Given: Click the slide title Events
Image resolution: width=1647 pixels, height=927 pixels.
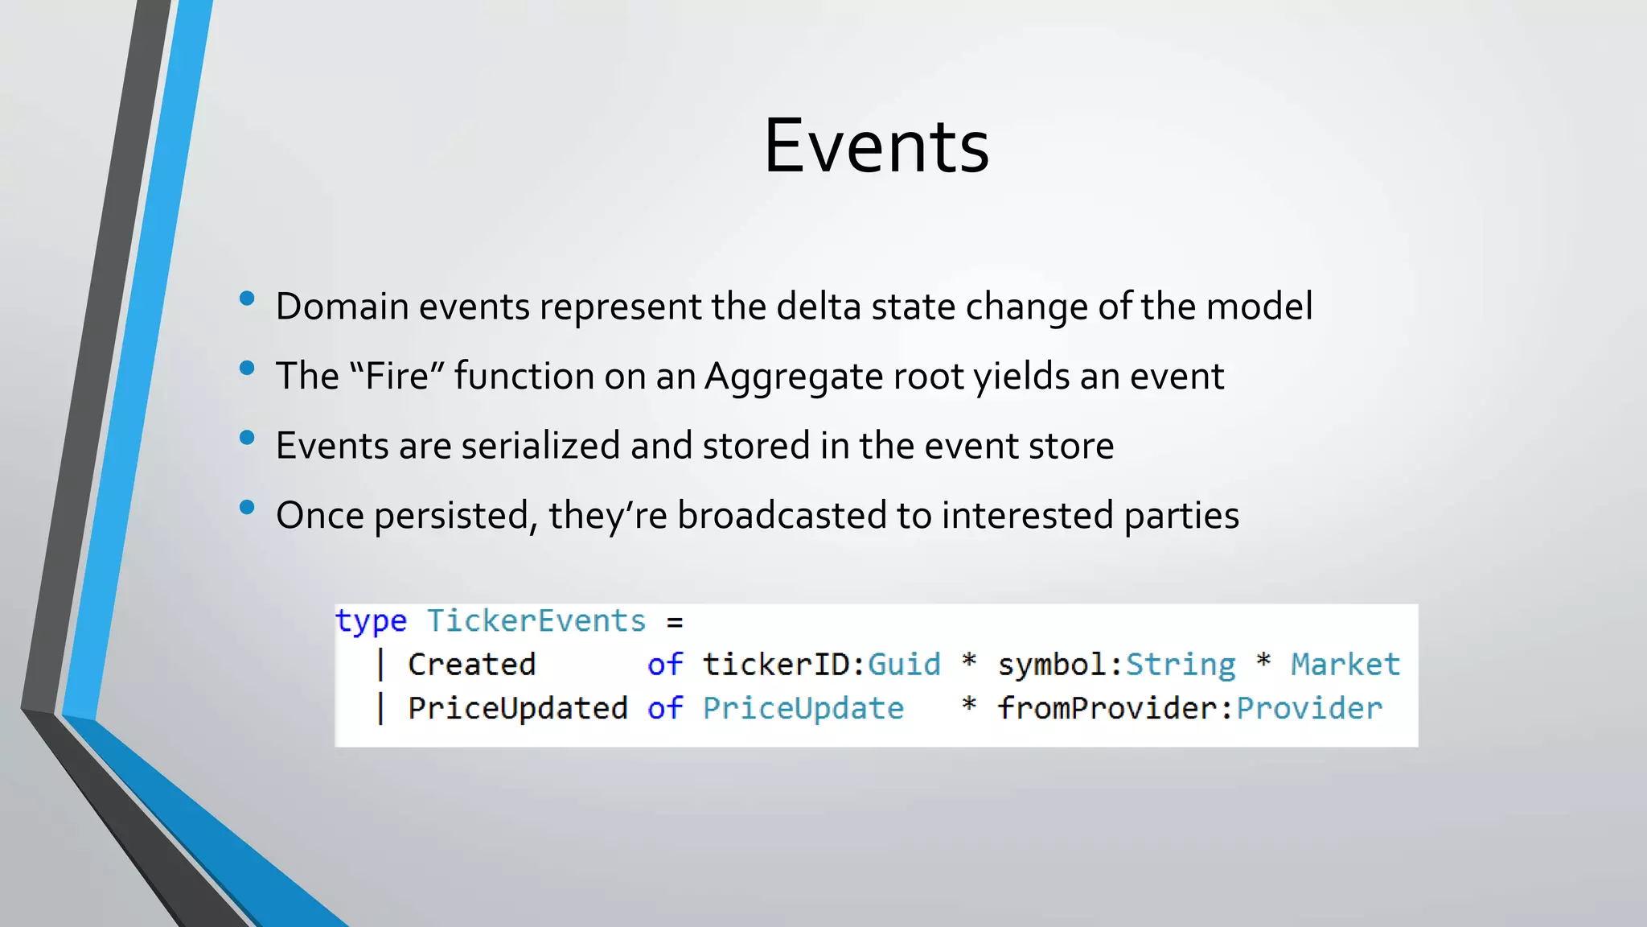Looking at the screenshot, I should (876, 146).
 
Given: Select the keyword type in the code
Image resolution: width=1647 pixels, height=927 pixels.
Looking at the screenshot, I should (371, 621).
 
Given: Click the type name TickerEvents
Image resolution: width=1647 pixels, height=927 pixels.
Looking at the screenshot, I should (536, 621).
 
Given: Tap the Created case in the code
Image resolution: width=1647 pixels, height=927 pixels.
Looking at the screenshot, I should (471, 665).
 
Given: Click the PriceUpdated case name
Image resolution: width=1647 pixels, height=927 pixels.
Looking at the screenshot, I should (517, 708).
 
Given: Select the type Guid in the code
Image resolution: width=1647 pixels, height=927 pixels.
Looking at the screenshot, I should (904, 665).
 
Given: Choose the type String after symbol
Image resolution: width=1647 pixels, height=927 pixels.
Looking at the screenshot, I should (1180, 665).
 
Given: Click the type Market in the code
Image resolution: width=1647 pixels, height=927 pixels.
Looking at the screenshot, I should (1345, 665).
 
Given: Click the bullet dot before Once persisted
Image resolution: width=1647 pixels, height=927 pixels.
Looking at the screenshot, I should (247, 508).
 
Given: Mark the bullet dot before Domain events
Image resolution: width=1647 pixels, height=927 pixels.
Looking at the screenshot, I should (247, 299).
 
